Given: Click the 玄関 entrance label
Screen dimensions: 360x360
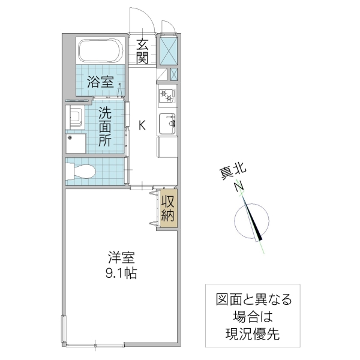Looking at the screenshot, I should point(142,51).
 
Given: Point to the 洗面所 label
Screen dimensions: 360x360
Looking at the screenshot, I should point(105,127).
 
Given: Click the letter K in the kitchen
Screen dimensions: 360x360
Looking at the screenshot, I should point(142,125).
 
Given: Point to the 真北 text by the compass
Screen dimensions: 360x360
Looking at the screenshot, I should point(230,172).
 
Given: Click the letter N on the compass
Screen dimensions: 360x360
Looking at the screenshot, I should point(238,187).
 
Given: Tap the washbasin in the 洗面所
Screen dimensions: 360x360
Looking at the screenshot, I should point(76,115).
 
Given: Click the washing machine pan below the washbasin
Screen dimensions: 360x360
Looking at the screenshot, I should point(76,144).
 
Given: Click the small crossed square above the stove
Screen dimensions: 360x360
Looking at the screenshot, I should point(174,74).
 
